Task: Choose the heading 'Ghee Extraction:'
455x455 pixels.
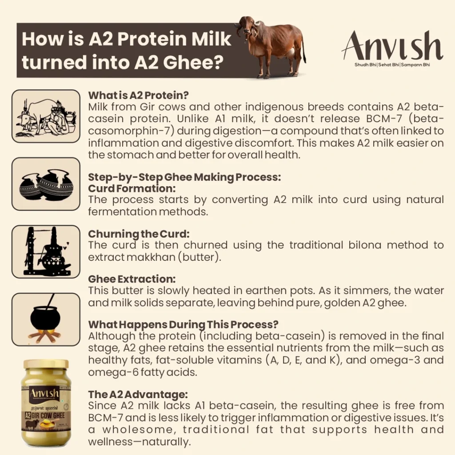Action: tap(132, 279)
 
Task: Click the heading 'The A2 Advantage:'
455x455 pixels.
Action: tap(138, 394)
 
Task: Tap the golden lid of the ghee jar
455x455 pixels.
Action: tap(46, 364)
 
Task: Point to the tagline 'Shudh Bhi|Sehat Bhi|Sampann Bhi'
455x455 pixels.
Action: tap(391, 65)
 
